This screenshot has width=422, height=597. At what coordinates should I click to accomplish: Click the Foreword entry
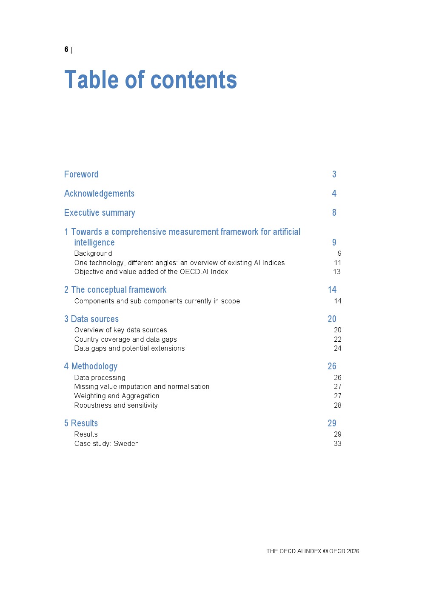click(x=81, y=174)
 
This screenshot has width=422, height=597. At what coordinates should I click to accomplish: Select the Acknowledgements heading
click(x=99, y=194)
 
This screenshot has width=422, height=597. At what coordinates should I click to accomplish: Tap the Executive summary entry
click(x=100, y=213)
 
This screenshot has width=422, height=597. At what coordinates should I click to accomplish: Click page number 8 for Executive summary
click(x=334, y=213)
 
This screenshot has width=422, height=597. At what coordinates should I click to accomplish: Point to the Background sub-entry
click(x=93, y=254)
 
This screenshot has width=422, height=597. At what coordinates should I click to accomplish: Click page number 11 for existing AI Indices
click(x=337, y=263)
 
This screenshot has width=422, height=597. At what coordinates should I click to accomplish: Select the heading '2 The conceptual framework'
click(x=115, y=290)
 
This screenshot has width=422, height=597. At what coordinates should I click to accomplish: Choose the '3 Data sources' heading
click(x=91, y=319)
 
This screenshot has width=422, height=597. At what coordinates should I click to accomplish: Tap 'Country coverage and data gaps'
click(x=125, y=340)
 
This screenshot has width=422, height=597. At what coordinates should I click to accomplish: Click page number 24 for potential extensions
click(x=337, y=348)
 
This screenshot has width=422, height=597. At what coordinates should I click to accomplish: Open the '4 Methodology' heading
click(x=91, y=366)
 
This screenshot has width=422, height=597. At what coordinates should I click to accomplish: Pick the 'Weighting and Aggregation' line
click(x=117, y=396)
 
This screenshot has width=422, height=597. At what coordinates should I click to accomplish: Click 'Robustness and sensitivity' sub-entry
click(x=116, y=406)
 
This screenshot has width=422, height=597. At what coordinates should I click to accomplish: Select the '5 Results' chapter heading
click(x=81, y=423)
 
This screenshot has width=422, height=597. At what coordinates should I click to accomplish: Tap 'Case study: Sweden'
click(x=106, y=444)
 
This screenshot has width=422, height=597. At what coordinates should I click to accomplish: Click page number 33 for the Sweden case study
click(x=337, y=444)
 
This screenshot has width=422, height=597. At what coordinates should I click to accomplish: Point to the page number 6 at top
click(x=66, y=49)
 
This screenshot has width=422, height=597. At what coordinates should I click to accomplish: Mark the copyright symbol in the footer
click(x=325, y=551)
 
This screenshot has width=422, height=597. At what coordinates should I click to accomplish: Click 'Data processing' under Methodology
click(x=100, y=378)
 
